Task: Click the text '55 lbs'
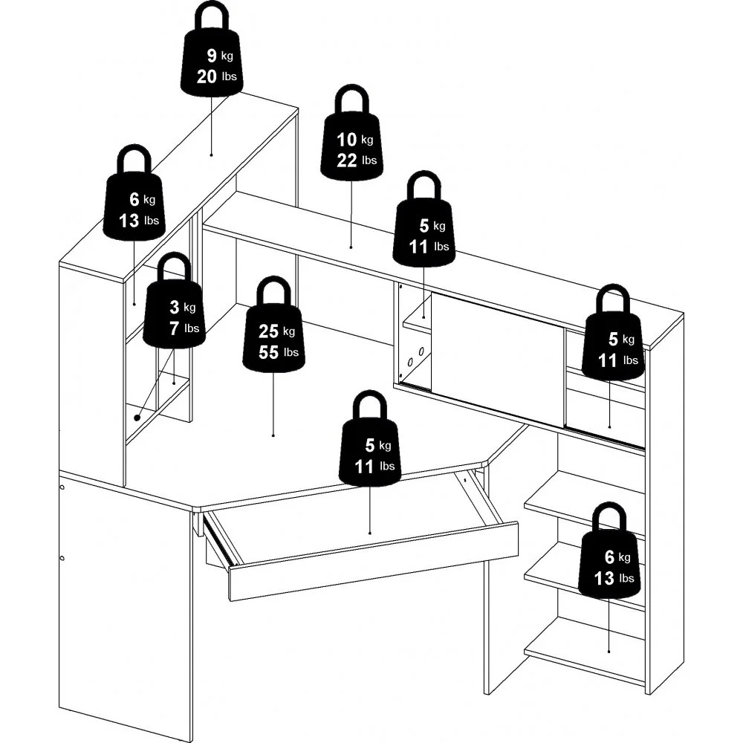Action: [x=279, y=352]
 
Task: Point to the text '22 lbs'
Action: [x=357, y=160]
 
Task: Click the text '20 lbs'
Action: [x=216, y=77]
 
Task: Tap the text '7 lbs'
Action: [x=184, y=328]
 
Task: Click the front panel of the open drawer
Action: [x=374, y=562]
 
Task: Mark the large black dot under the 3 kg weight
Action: [x=137, y=418]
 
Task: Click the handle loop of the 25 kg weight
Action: [x=273, y=290]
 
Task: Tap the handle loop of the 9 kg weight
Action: [x=211, y=15]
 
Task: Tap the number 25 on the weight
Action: [x=268, y=331]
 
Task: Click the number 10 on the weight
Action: [x=346, y=140]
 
